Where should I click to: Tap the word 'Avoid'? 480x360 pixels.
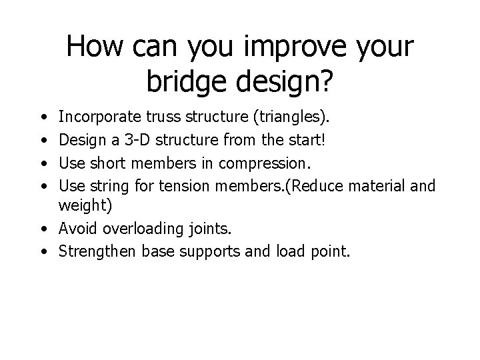point(75,229)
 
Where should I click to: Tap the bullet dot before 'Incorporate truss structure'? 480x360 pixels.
point(43,119)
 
